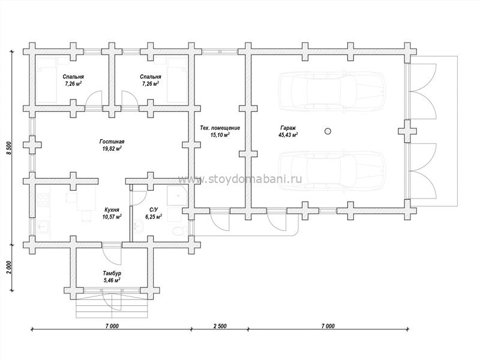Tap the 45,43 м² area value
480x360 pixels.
(288, 135)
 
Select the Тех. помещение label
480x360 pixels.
(220, 128)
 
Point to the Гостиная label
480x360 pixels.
(112, 142)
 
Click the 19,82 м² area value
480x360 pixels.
(112, 149)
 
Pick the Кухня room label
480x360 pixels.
(112, 209)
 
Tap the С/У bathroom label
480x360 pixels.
(154, 209)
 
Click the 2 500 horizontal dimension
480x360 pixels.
(220, 326)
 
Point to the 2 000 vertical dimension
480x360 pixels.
(8, 268)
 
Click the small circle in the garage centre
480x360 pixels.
(327, 130)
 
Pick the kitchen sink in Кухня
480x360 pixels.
(43, 227)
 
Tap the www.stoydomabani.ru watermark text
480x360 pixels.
(240, 179)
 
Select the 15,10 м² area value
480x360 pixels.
(220, 135)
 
